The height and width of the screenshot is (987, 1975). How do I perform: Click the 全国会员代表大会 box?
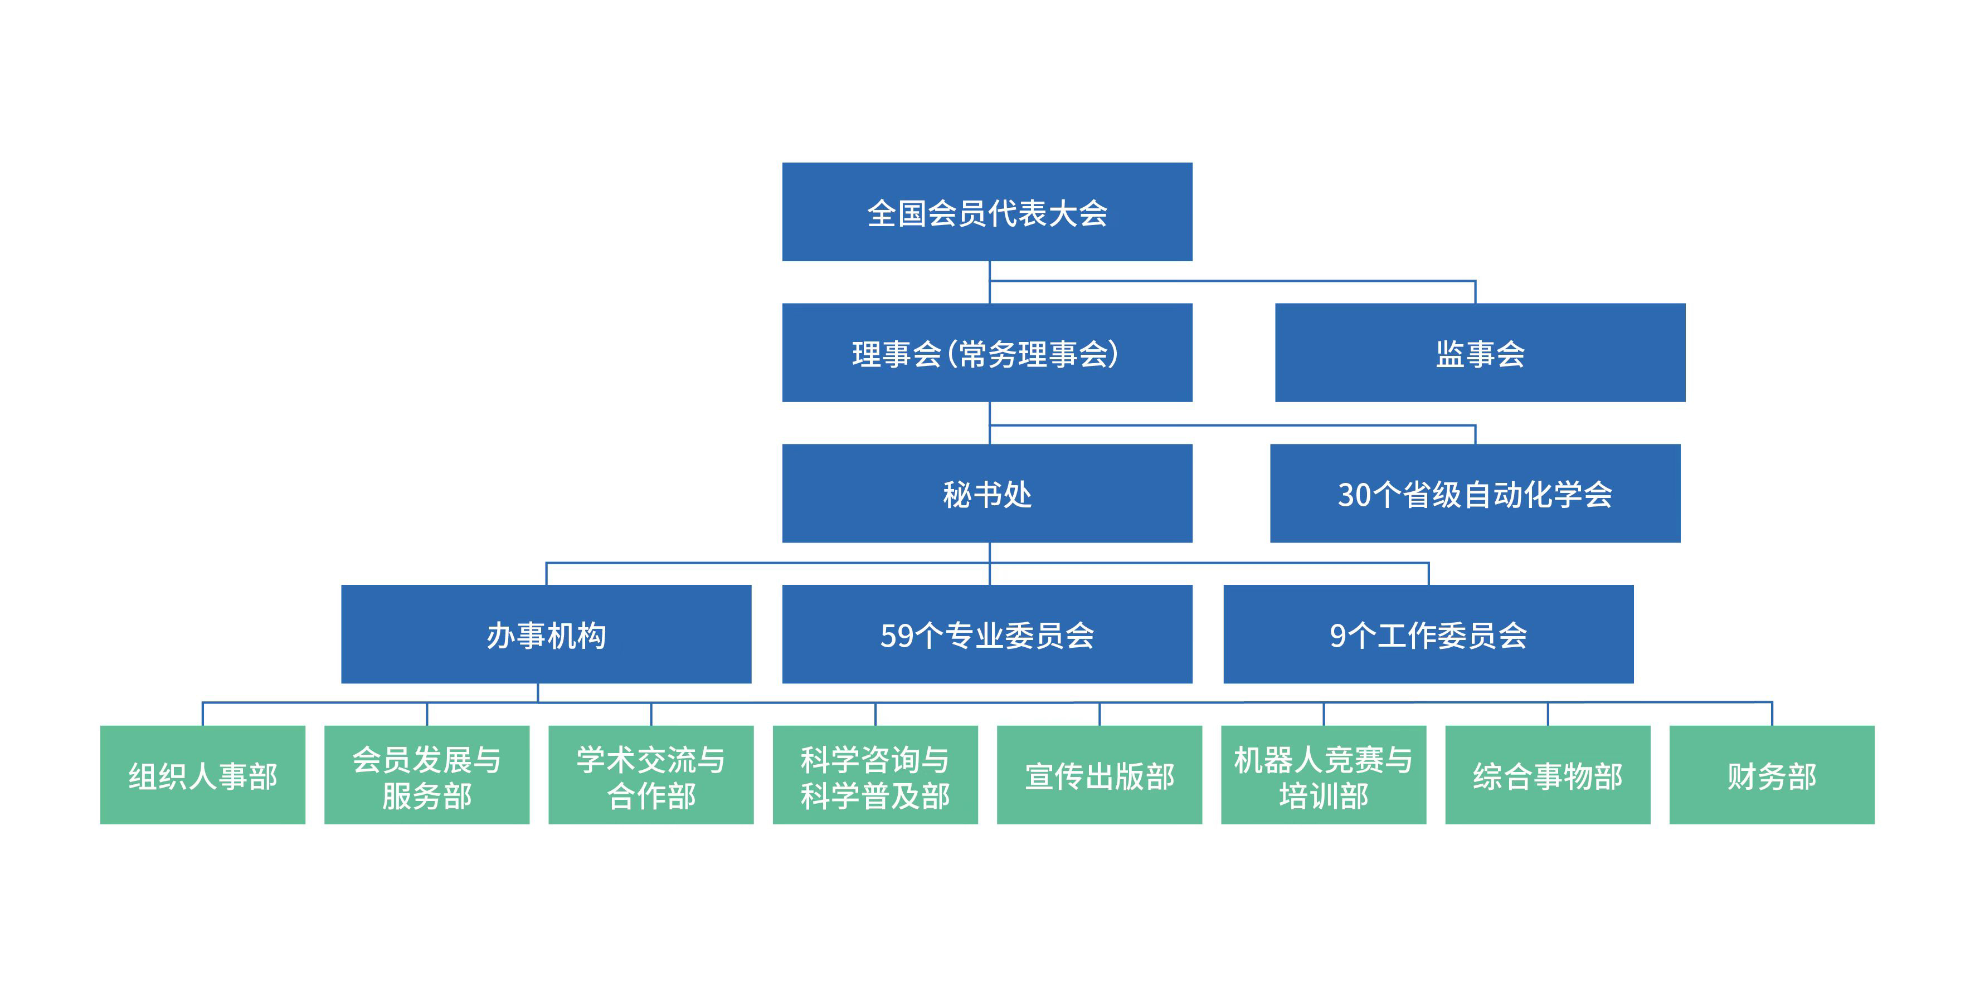(987, 212)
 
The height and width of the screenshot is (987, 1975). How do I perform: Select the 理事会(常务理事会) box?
(987, 353)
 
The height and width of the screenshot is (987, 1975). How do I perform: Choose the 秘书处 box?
(987, 493)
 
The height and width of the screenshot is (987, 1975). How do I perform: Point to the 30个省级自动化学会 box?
(1475, 493)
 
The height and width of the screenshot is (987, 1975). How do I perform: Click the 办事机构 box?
(546, 634)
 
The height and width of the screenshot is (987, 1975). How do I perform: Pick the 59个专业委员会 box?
(987, 634)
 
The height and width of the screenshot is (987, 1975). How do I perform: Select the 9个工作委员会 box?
(1428, 634)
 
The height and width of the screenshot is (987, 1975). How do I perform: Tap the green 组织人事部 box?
(202, 775)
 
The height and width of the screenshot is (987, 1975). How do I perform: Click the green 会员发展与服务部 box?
(426, 775)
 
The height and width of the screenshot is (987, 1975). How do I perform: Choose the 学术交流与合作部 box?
(651, 775)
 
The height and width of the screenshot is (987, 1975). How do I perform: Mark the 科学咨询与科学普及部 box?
(875, 775)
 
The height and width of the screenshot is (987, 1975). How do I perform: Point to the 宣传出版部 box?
(1100, 775)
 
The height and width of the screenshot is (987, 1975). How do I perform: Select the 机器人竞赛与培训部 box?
(1324, 775)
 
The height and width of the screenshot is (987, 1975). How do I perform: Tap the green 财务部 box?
(1772, 775)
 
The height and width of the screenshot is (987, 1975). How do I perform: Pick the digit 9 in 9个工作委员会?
(1338, 636)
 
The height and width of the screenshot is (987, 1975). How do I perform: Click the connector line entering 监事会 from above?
(1475, 292)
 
